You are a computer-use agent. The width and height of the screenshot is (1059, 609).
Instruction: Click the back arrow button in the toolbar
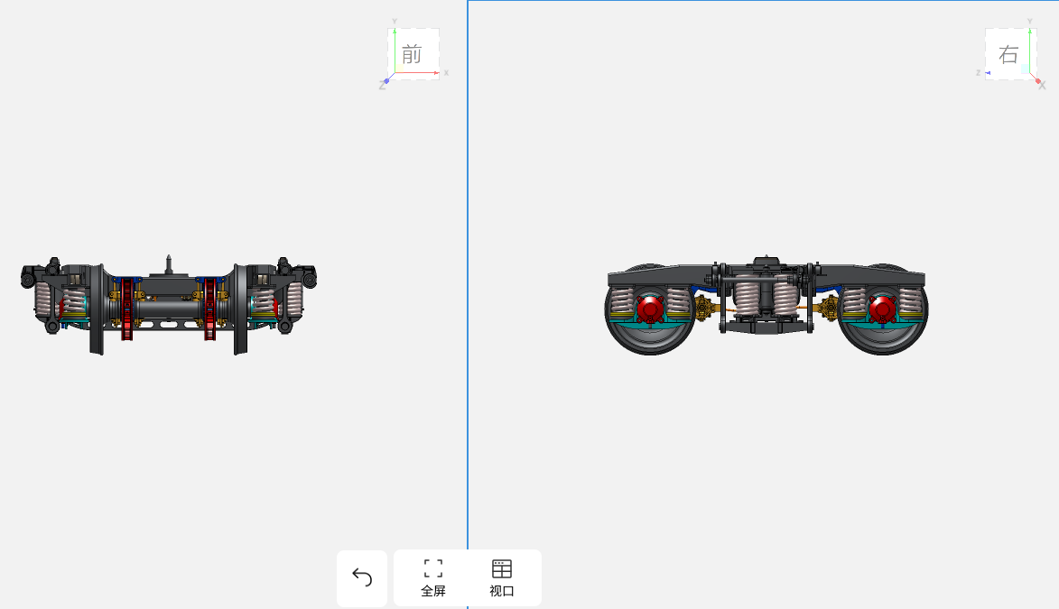tap(362, 578)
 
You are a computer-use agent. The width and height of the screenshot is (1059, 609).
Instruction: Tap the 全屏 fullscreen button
tap(433, 578)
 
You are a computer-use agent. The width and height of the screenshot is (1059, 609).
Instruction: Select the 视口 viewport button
tap(502, 578)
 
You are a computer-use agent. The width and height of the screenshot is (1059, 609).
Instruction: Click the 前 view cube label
tap(412, 54)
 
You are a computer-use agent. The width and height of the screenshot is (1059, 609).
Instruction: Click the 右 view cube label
tap(1008, 54)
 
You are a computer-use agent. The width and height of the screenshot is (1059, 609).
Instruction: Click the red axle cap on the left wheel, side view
tap(650, 309)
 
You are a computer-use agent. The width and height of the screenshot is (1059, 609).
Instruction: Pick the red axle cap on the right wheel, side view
tap(882, 309)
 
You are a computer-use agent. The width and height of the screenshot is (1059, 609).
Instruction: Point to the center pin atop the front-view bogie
tap(169, 264)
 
